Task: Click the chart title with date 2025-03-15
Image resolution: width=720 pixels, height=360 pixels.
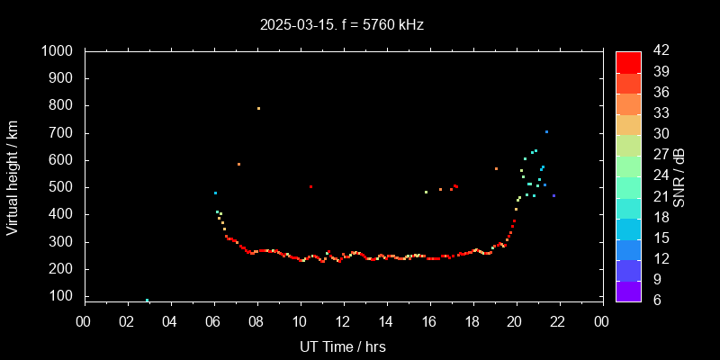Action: point(341,25)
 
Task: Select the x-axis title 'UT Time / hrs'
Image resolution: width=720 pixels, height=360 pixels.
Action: point(343,346)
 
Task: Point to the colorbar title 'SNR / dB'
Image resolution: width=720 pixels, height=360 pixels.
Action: point(679,176)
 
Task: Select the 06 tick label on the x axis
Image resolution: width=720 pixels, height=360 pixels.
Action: point(213,320)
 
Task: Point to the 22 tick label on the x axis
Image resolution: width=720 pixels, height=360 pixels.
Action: point(559,320)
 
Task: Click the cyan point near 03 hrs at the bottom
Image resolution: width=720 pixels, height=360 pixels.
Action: point(147,301)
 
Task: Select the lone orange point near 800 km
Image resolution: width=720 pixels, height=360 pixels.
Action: point(258,108)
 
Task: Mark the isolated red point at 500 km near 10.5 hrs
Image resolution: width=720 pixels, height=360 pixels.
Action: point(310,186)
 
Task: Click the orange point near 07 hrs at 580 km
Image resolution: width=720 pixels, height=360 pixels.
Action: point(238,164)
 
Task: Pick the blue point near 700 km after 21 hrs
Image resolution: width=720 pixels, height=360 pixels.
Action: point(546,131)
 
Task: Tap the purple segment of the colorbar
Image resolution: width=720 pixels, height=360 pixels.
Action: point(628,291)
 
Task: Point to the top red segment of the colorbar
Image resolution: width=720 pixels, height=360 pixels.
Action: point(628,61)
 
